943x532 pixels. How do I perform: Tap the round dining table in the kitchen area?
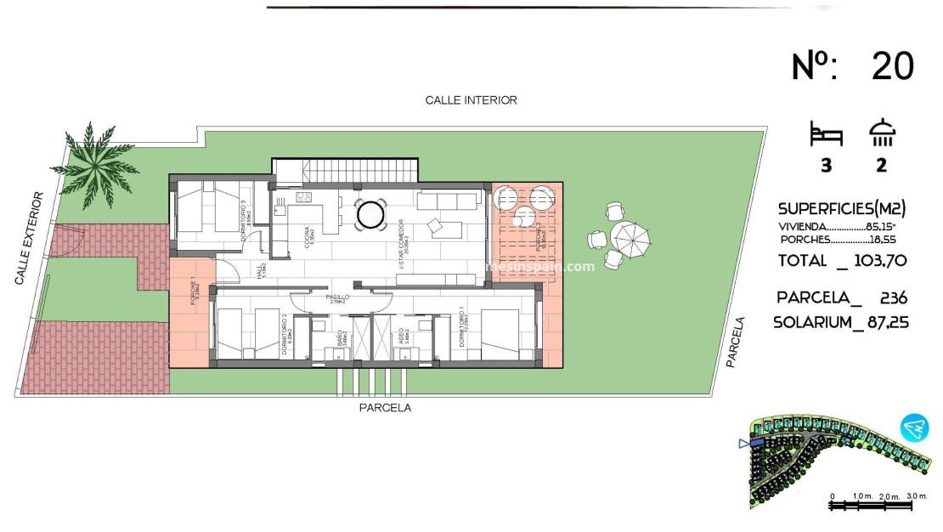click(370, 214)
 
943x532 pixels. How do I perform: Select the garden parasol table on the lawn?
click(629, 240)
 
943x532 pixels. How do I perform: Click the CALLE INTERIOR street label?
click(471, 100)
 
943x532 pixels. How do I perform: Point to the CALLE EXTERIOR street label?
click(29, 238)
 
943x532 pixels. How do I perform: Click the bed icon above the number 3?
click(826, 134)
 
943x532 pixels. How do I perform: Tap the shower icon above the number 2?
click(882, 134)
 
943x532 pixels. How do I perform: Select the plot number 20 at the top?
click(892, 66)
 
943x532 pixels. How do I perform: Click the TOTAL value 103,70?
click(879, 261)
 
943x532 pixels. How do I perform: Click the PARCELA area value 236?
click(894, 297)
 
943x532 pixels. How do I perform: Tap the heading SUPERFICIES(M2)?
click(841, 208)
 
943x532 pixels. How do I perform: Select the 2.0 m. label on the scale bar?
click(889, 495)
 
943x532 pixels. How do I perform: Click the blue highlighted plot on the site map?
click(755, 443)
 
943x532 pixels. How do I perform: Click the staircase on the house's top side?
click(346, 171)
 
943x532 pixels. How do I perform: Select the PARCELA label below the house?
click(385, 408)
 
